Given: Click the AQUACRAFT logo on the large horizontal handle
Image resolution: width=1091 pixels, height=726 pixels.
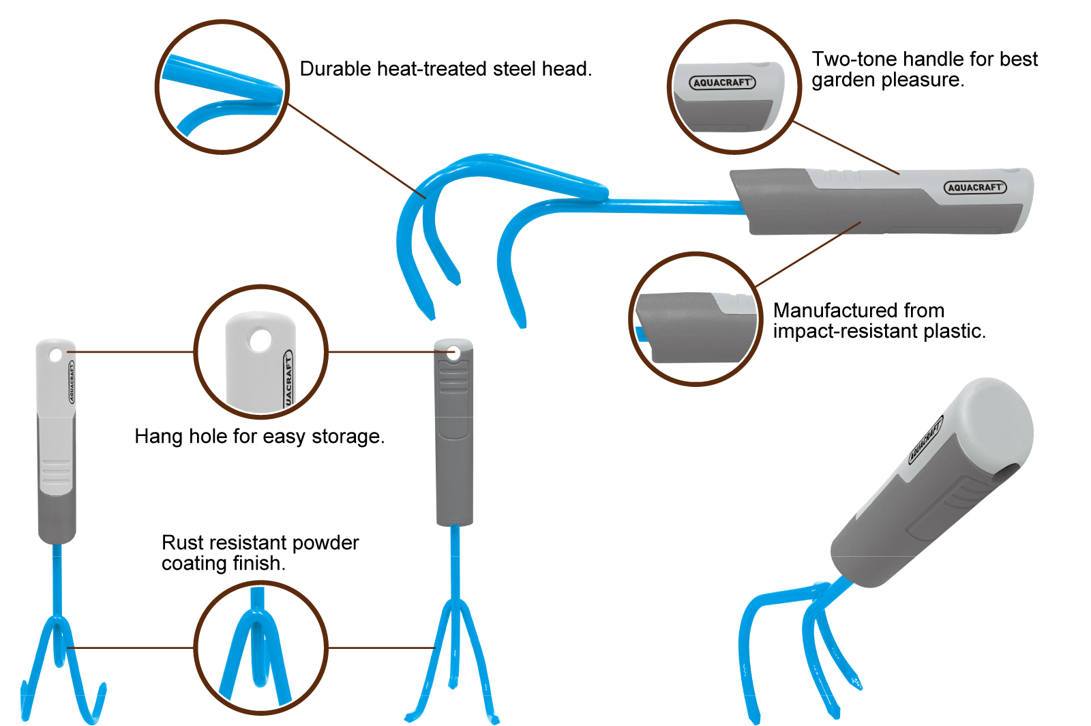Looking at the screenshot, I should pyautogui.click(x=975, y=188).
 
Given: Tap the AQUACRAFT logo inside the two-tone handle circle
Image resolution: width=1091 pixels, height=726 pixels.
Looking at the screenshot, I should pyautogui.click(x=722, y=83).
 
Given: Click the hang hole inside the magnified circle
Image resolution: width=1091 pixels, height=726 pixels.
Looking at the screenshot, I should pyautogui.click(x=260, y=340).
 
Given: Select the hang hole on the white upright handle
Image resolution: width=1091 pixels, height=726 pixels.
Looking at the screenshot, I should pyautogui.click(x=55, y=354).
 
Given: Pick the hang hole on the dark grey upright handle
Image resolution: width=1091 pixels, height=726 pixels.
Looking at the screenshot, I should pyautogui.click(x=453, y=353).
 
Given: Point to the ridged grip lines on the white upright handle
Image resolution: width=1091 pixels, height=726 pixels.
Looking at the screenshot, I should pyautogui.click(x=56, y=469).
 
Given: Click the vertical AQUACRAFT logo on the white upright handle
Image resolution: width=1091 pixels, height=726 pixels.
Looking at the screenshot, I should pyautogui.click(x=72, y=382).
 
